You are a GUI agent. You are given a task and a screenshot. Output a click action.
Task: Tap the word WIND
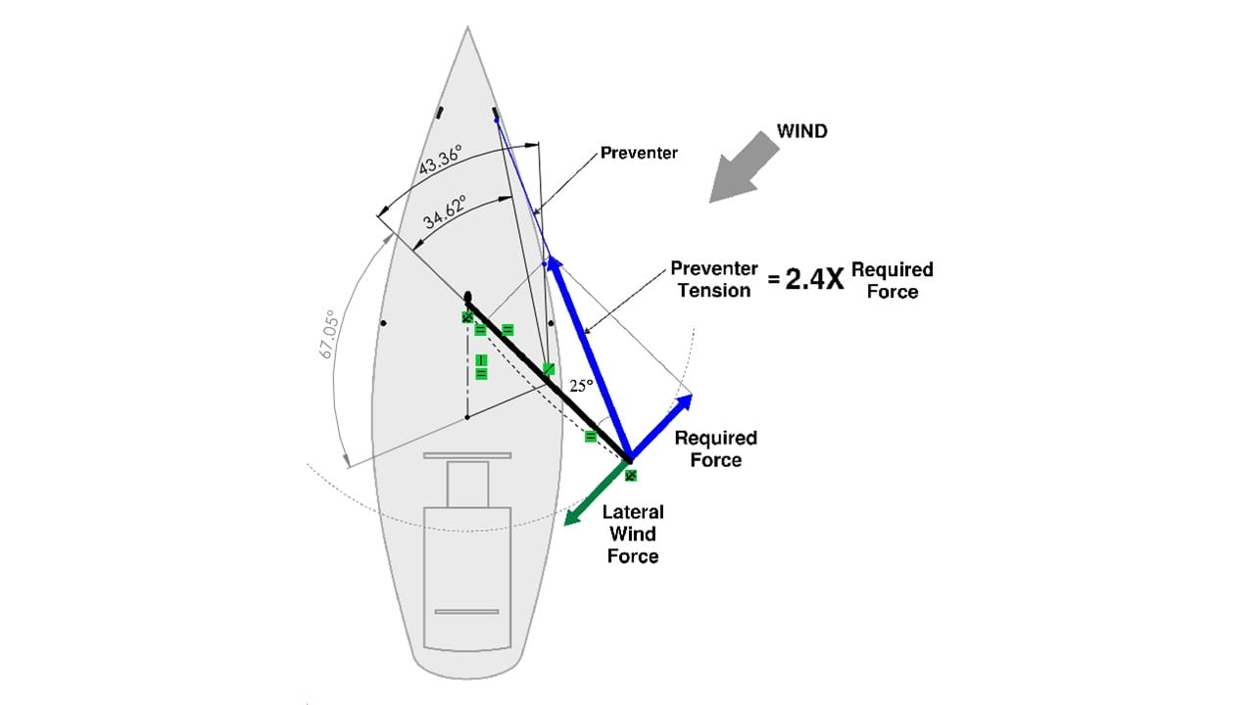[x=801, y=131]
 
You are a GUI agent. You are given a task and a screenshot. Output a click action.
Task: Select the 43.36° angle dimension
[x=441, y=161]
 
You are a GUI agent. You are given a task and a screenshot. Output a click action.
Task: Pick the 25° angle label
[x=582, y=386]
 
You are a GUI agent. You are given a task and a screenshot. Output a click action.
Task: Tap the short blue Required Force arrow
[x=661, y=427]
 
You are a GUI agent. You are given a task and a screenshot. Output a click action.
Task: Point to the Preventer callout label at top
[x=639, y=153]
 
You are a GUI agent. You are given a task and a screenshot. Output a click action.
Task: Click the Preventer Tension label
[x=714, y=279]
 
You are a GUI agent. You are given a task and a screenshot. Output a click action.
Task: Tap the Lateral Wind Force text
[x=633, y=534]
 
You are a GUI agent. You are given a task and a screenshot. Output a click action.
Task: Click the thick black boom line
[x=549, y=378]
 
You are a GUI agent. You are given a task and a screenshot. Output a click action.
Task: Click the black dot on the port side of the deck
[x=384, y=322]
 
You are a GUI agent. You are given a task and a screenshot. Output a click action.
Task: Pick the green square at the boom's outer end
[x=631, y=475]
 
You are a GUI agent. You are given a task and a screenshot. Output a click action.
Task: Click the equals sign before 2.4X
[x=774, y=280]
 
